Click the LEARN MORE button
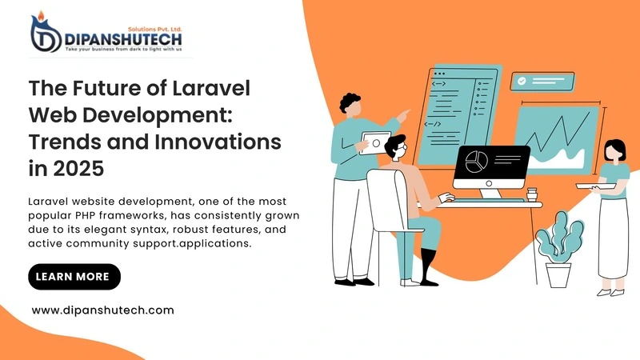point(74,277)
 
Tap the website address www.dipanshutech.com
point(102,310)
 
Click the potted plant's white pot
point(558,274)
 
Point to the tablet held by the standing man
point(375,142)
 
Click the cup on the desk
point(532,194)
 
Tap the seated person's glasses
point(402,150)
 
